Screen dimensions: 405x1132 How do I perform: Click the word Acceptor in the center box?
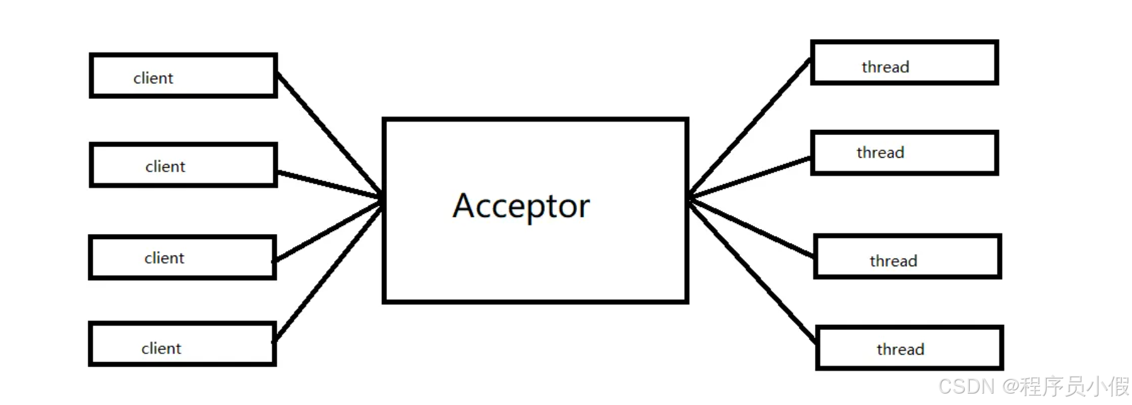pos(521,206)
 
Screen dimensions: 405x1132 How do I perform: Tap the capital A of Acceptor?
pos(464,206)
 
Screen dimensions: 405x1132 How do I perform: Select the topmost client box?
pos(183,76)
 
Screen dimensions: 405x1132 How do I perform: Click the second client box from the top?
pos(183,165)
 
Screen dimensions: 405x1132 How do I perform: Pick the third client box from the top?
pos(182,257)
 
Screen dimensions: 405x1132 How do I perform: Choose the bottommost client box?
pos(182,344)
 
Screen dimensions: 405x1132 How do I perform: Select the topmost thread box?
pos(904,62)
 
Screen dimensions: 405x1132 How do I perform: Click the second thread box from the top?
pos(904,153)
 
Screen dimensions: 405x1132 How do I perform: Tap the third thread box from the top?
pos(907,257)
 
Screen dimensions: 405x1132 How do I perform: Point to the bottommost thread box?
pos(909,348)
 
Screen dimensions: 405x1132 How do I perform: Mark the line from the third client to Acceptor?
pos(328,232)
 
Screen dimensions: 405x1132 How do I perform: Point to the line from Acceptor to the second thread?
pos(749,178)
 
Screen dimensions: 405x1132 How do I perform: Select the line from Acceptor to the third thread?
pos(751,228)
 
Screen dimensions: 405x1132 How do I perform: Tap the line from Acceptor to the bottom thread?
pos(751,270)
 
